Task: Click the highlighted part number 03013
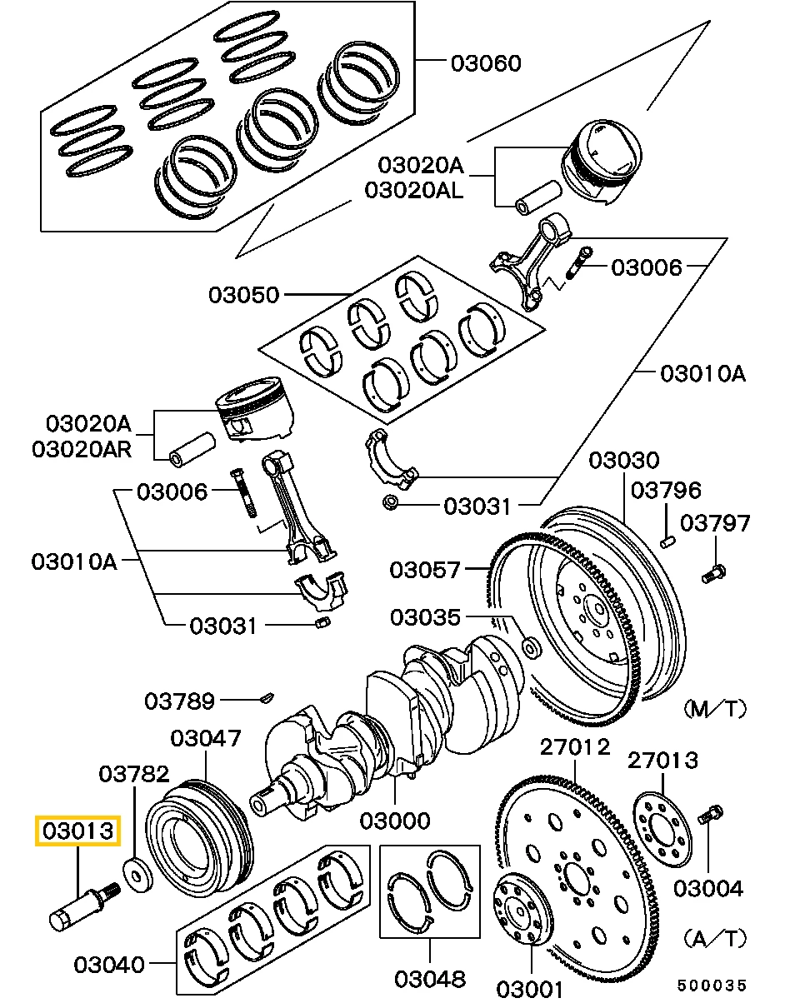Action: pos(77,831)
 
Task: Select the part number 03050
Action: pos(243,295)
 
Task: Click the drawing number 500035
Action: pos(712,986)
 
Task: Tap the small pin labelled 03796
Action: pos(667,541)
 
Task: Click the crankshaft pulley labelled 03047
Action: pos(200,837)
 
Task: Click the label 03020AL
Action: pos(413,191)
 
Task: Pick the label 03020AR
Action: pos(82,449)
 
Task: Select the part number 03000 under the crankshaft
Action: pos(395,821)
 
